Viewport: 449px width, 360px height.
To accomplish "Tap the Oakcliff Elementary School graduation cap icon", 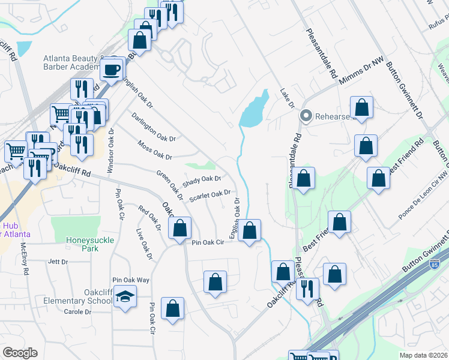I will pyautogui.click(x=125, y=296).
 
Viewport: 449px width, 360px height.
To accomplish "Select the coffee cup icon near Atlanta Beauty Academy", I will pyautogui.click(x=112, y=70).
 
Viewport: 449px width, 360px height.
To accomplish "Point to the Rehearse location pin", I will pyautogui.click(x=306, y=116).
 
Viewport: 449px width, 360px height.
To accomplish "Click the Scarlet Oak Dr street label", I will pyautogui.click(x=209, y=195).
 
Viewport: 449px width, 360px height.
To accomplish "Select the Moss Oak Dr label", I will pyautogui.click(x=154, y=150).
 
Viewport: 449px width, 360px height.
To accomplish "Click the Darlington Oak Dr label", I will pyautogui.click(x=154, y=128).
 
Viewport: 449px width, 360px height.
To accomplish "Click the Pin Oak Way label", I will pyautogui.click(x=130, y=280).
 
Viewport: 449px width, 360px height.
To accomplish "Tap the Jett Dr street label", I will pyautogui.click(x=58, y=262).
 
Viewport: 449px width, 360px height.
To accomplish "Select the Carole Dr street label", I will pyautogui.click(x=77, y=311).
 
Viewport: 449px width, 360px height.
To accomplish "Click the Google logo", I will pyautogui.click(x=19, y=353).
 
